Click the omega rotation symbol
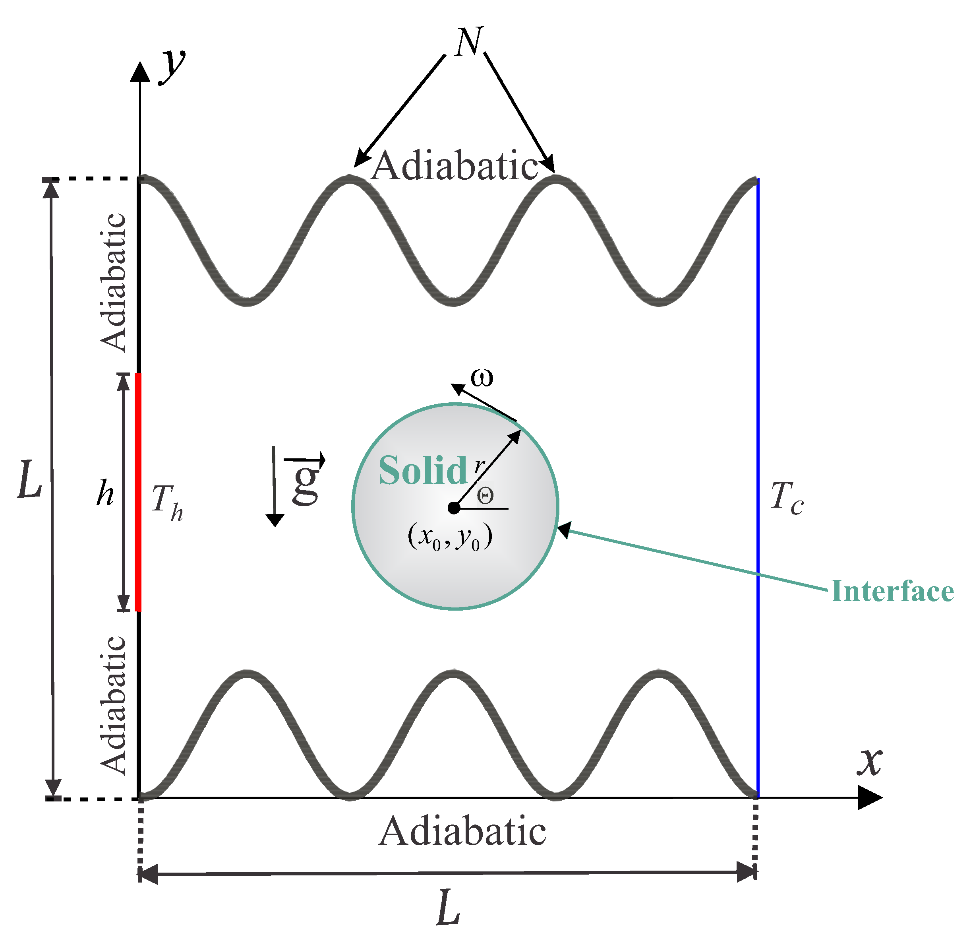pyautogui.click(x=482, y=378)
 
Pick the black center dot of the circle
pyautogui.click(x=453, y=508)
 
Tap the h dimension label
pyautogui.click(x=105, y=494)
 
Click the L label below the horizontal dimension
pyautogui.click(x=448, y=908)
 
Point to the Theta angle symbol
pyautogui.click(x=485, y=495)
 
